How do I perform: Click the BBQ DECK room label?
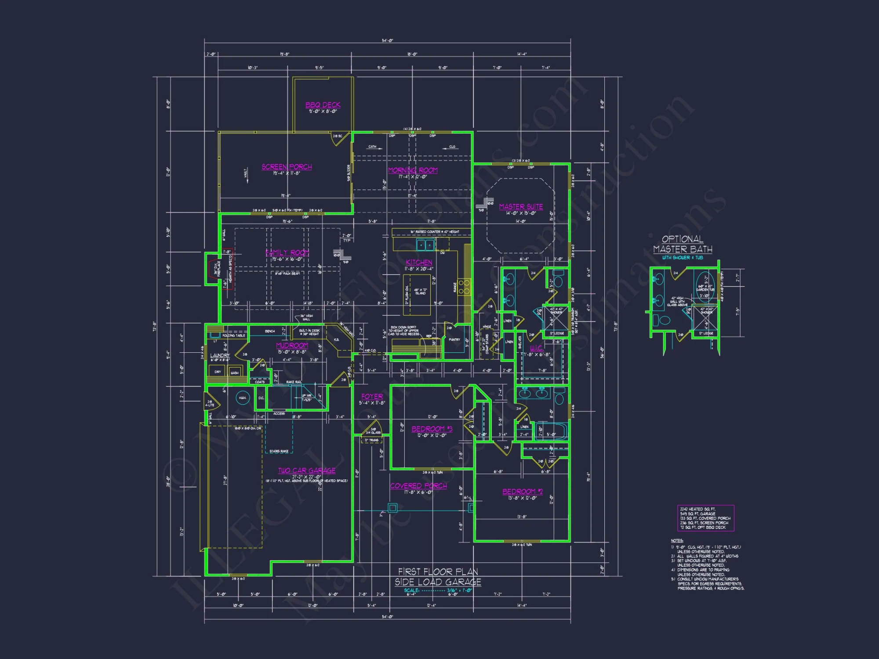click(x=323, y=105)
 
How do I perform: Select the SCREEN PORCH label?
click(x=287, y=167)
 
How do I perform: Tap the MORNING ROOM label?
click(x=413, y=170)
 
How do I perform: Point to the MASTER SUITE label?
click(x=521, y=206)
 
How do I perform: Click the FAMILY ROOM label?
click(x=287, y=253)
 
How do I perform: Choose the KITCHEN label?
click(x=419, y=262)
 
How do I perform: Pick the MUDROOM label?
click(x=292, y=346)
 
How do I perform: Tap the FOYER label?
click(x=372, y=396)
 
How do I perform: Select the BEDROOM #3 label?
click(x=432, y=429)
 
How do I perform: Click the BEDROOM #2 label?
click(x=522, y=492)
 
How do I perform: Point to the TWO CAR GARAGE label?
click(x=307, y=471)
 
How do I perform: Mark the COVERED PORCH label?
click(x=418, y=486)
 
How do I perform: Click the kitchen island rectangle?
click(x=417, y=295)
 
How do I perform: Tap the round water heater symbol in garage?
click(x=243, y=398)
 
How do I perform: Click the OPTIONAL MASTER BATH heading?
click(x=683, y=244)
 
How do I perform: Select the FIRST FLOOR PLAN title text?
click(x=438, y=572)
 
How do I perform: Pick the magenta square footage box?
click(x=705, y=518)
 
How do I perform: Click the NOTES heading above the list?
click(x=677, y=540)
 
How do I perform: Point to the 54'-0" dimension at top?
click(x=387, y=41)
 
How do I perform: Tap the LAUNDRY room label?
click(x=220, y=355)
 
